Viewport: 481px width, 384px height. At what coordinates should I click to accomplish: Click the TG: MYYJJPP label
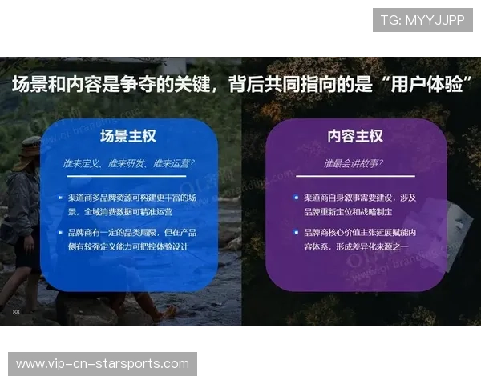422,20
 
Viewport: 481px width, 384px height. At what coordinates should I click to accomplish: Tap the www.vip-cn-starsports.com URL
103,364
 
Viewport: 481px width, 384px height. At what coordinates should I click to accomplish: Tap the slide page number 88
16,311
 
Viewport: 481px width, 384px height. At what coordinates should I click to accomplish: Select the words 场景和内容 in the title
51,85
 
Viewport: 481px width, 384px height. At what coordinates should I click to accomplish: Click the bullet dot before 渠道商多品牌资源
61,197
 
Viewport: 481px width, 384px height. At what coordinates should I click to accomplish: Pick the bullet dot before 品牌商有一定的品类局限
61,232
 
